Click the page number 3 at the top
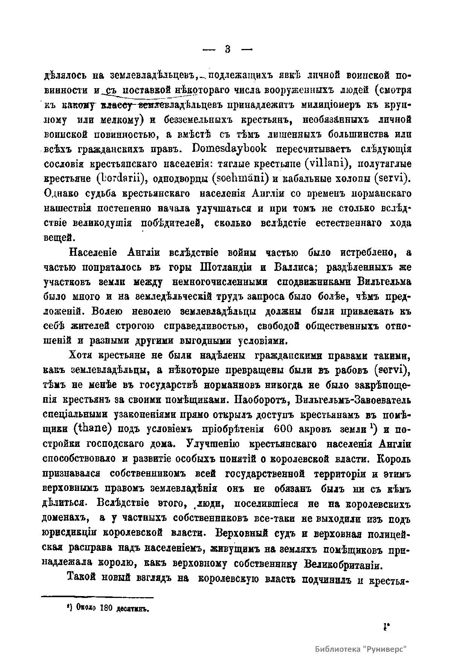click(228, 49)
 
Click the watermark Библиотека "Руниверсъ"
click(361, 649)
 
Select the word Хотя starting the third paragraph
click(81, 355)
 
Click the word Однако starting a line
click(61, 194)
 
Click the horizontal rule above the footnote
click(97, 597)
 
